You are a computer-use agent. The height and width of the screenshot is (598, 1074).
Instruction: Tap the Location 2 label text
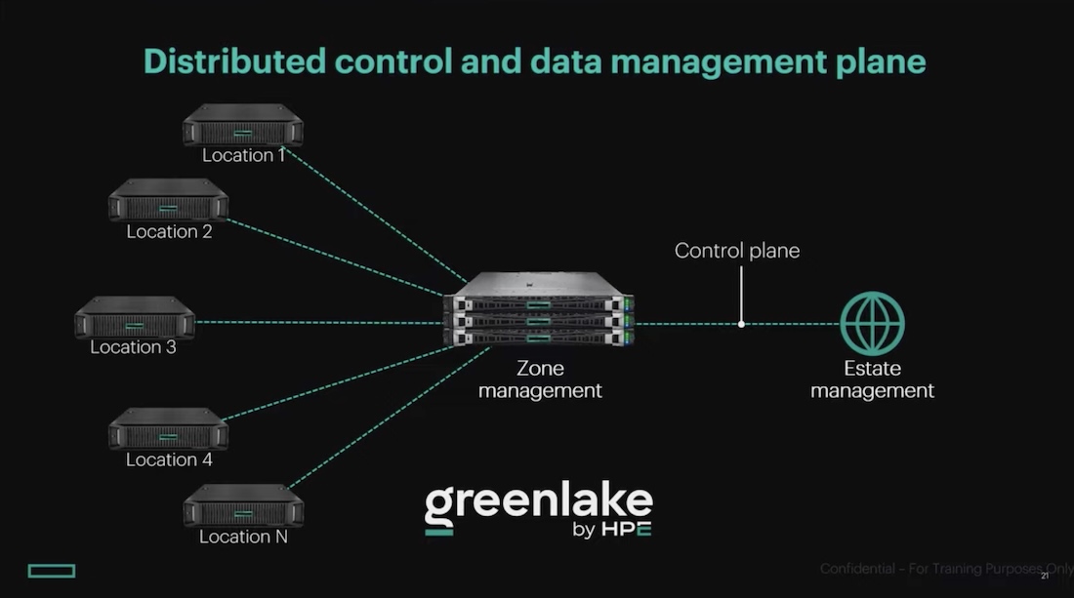pyautogui.click(x=169, y=232)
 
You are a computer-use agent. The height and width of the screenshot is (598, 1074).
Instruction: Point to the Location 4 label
pyautogui.click(x=169, y=459)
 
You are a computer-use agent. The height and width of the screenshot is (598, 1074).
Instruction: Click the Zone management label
pyautogui.click(x=540, y=380)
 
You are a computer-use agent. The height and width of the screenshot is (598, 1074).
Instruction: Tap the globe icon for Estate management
pyautogui.click(x=872, y=324)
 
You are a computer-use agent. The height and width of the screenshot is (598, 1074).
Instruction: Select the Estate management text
pyautogui.click(x=872, y=380)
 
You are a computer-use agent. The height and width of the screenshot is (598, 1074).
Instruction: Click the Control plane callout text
pyautogui.click(x=737, y=251)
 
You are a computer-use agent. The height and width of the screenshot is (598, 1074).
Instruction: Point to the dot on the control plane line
pyautogui.click(x=741, y=324)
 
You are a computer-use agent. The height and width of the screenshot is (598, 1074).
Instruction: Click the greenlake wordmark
pyautogui.click(x=538, y=502)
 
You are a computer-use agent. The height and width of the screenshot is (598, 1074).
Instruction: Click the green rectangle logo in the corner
pyautogui.click(x=52, y=570)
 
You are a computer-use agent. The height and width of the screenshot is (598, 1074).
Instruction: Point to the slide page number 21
pyautogui.click(x=1045, y=577)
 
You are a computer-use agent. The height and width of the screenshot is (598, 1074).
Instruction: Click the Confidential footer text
pyautogui.click(x=942, y=569)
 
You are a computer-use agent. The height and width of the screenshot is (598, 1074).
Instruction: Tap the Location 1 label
pyautogui.click(x=243, y=155)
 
